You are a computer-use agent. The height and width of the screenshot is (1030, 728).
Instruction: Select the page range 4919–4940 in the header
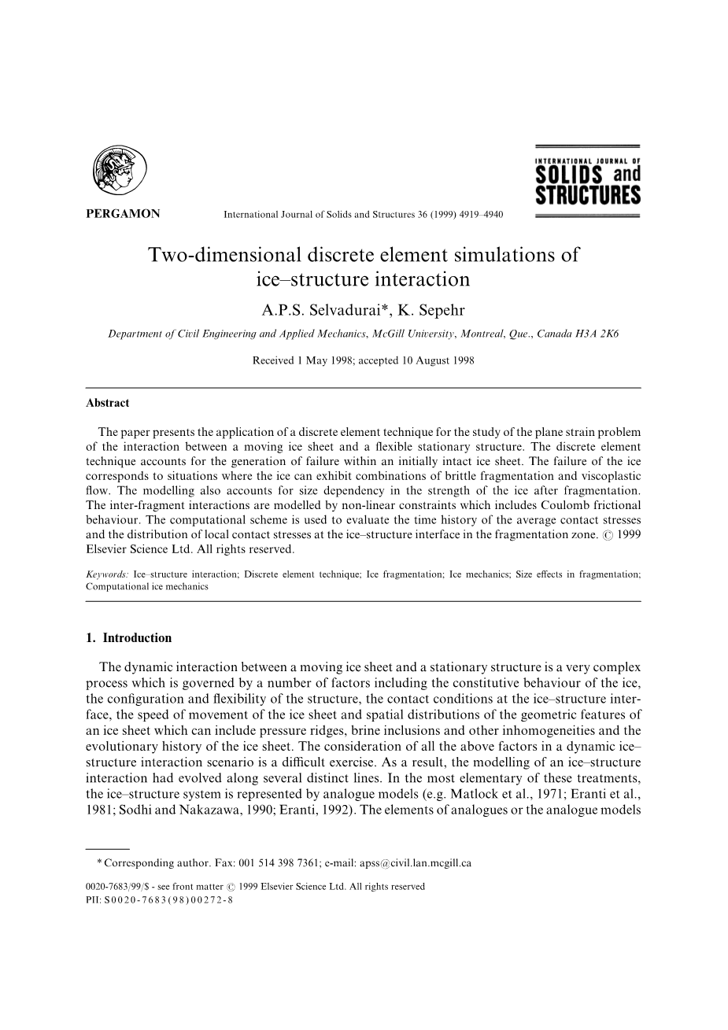(x=481, y=215)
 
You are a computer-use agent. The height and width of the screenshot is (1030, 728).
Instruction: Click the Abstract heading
(x=108, y=403)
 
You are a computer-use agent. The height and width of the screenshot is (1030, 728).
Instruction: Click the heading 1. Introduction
(x=129, y=638)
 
